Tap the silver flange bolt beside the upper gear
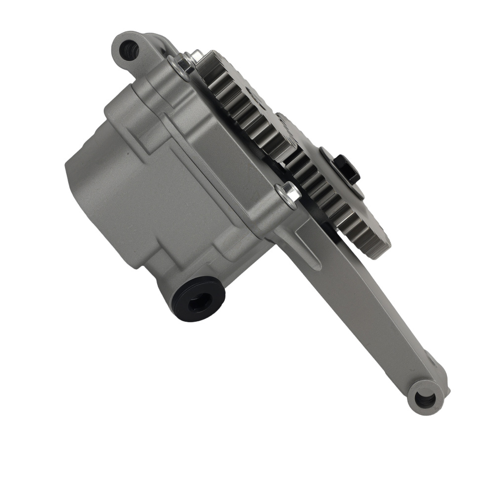click(x=186, y=63)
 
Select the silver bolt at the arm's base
click(x=289, y=192)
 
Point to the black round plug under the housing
click(x=198, y=299)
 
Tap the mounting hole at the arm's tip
click(x=424, y=398)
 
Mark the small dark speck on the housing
click(x=127, y=154)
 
